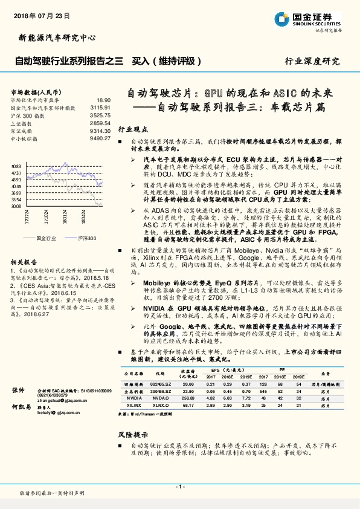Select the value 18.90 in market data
(103, 100)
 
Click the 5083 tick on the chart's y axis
(16, 165)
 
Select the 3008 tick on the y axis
(16, 206)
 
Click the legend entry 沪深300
(87, 238)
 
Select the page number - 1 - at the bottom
(179, 486)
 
